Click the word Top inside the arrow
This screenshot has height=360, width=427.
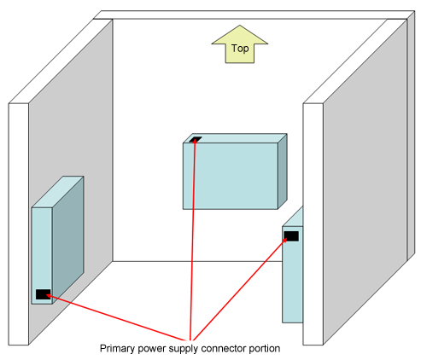[x=240, y=49]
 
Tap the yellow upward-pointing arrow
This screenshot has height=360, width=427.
[x=240, y=44]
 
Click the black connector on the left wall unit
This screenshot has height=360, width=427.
[x=44, y=294]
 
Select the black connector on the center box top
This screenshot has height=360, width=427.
[x=196, y=139]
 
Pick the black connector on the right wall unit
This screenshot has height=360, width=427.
[x=291, y=236]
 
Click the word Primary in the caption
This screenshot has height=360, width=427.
[x=117, y=349]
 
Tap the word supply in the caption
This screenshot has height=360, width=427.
[x=184, y=349]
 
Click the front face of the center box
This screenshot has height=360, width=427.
[x=231, y=176]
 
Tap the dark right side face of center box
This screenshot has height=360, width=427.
[x=283, y=171]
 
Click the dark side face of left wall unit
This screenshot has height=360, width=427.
[x=68, y=241]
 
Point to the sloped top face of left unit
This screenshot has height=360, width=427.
[x=57, y=192]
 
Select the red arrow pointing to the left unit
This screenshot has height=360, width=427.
[x=115, y=317]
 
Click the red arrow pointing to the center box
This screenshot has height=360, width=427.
[x=193, y=239]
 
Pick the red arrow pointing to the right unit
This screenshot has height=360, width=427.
[x=240, y=289]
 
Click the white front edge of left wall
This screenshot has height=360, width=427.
[x=19, y=224]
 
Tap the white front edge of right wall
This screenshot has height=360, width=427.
[x=313, y=224]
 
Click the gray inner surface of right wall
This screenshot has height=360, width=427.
[x=366, y=182]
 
